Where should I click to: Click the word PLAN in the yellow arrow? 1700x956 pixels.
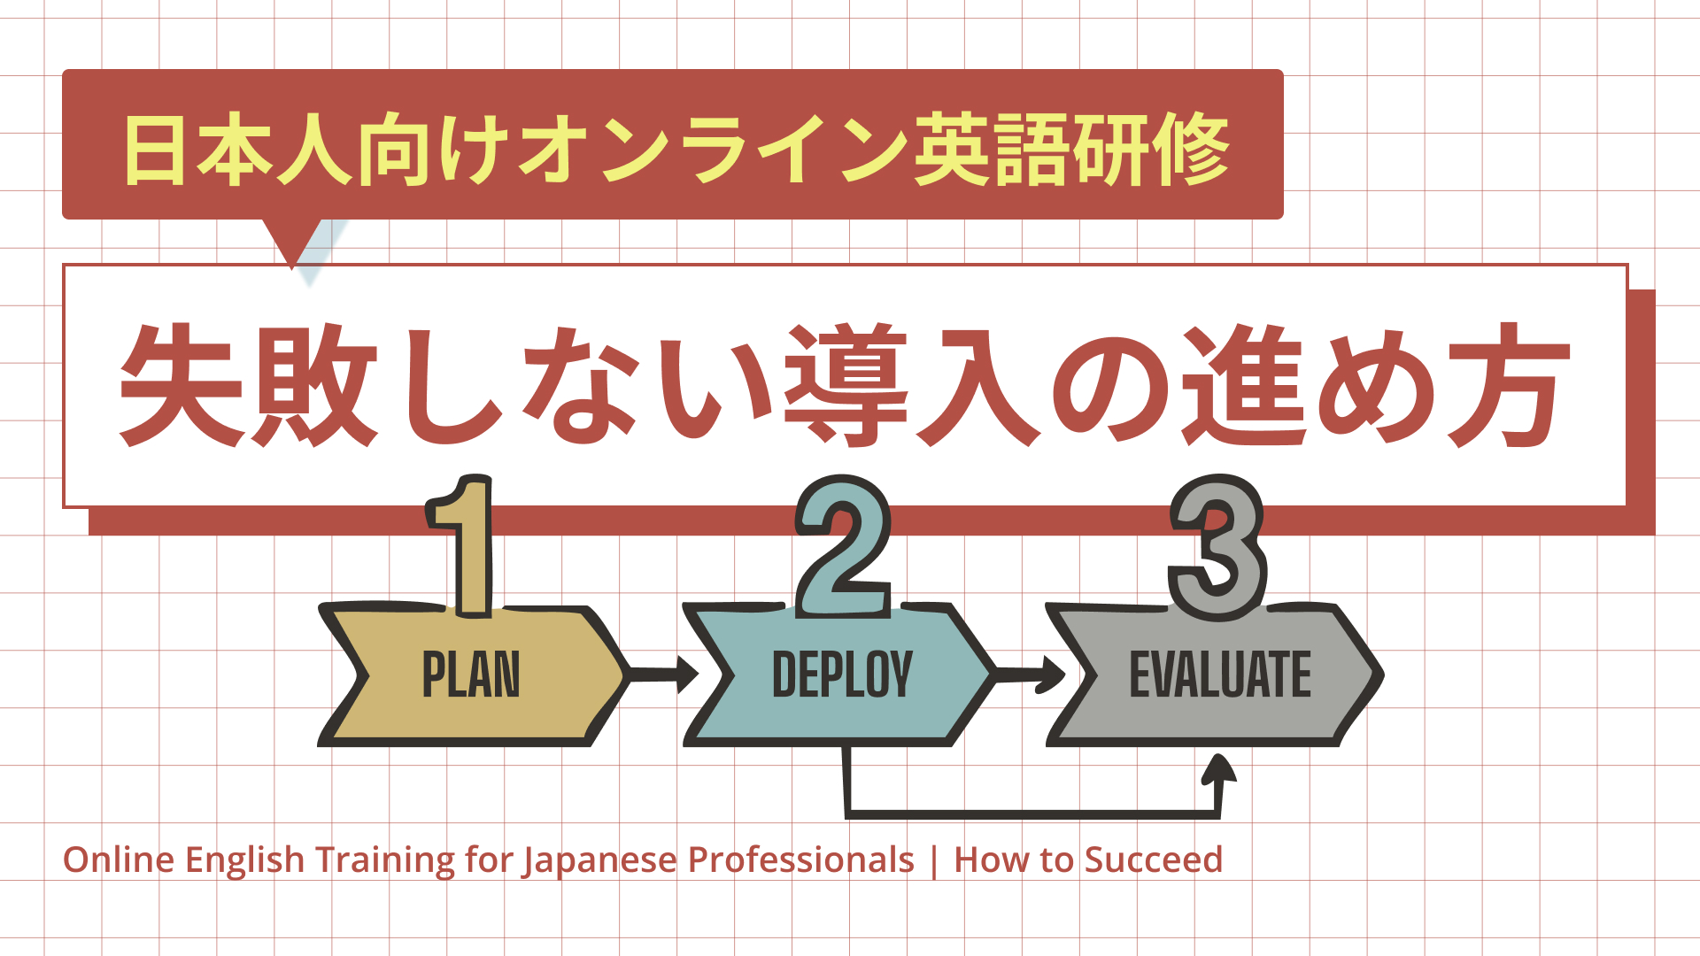(x=470, y=675)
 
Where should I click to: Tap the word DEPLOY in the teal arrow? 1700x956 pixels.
(x=842, y=675)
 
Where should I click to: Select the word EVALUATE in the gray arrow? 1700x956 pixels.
(x=1220, y=675)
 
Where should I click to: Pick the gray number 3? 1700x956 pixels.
(x=1217, y=549)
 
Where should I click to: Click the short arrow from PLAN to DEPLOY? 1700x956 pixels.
(x=664, y=675)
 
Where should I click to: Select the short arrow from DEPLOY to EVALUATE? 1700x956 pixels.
(x=1032, y=675)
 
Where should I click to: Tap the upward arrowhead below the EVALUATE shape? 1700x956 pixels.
(x=1219, y=770)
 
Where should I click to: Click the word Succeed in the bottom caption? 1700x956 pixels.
(x=1154, y=860)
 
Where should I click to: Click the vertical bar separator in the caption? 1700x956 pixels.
(x=934, y=860)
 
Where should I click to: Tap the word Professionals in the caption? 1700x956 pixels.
(x=800, y=860)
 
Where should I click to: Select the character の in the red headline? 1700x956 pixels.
(x=1111, y=388)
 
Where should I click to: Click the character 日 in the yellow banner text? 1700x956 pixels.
(x=155, y=150)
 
